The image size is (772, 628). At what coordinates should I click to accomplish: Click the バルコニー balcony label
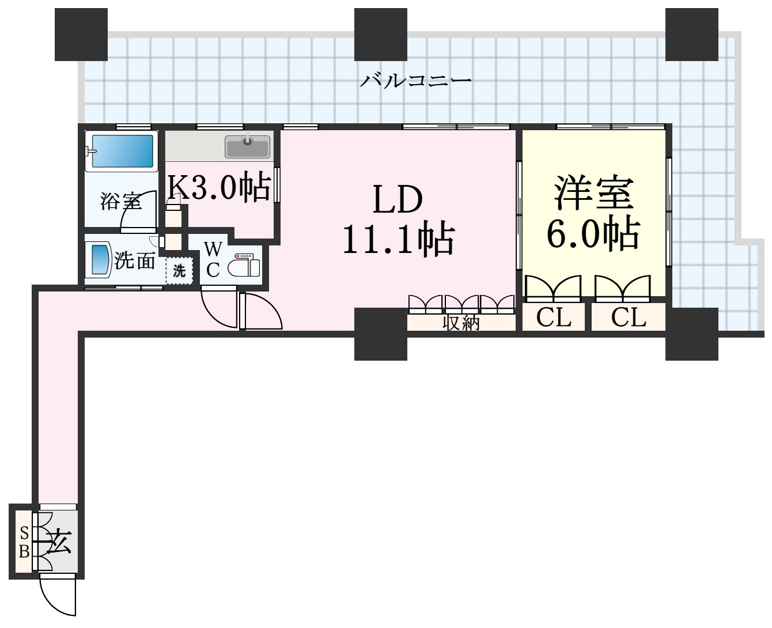point(416,80)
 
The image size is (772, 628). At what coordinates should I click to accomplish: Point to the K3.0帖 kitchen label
point(218,187)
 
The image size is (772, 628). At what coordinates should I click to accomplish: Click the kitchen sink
point(247,147)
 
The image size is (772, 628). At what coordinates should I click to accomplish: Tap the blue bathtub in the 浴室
point(122,151)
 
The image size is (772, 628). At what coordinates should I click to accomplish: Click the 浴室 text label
point(120,202)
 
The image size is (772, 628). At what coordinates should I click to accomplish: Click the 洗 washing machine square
point(179,270)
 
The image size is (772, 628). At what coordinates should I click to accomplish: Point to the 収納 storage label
point(461,323)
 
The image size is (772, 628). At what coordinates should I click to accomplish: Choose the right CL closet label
point(629,317)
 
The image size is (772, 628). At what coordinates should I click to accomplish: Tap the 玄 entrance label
point(59,543)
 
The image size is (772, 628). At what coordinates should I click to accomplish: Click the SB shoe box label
point(24,542)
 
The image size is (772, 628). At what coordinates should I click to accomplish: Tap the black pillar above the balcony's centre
point(380,35)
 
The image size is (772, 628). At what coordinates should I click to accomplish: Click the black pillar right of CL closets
point(691,334)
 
